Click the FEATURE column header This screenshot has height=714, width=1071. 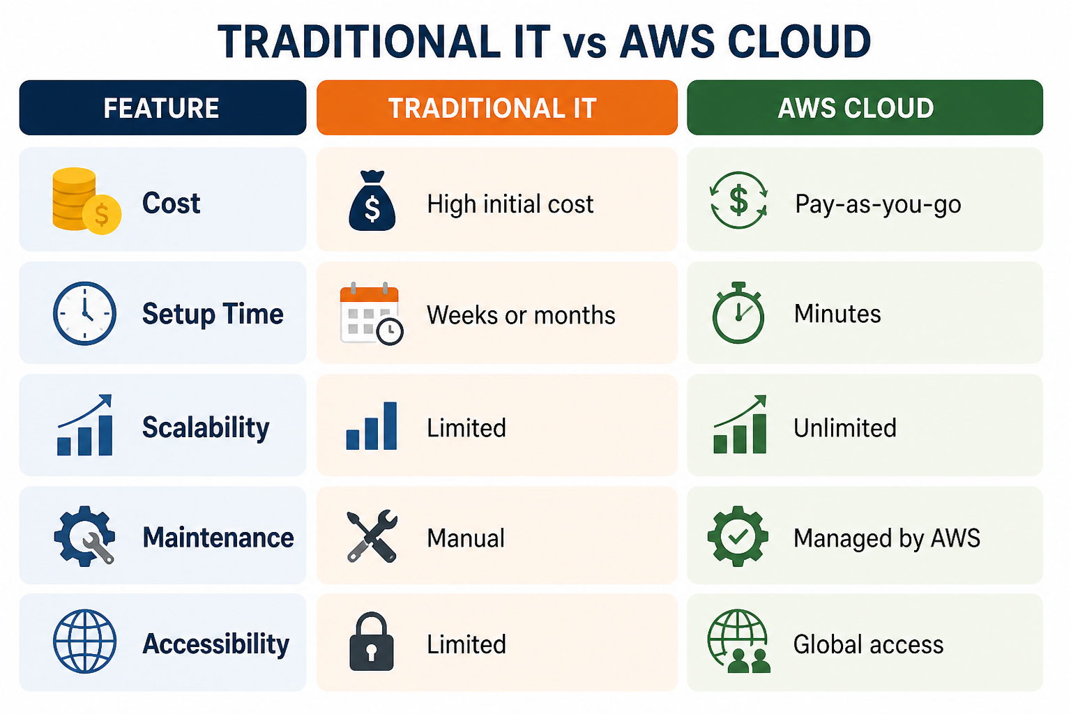pos(162,107)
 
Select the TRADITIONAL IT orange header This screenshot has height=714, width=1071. pos(496,107)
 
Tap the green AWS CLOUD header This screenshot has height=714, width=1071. pos(865,107)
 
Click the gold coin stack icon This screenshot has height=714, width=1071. pos(86,201)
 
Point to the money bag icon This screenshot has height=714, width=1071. pos(372,201)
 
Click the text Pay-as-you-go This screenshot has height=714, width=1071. pos(878,205)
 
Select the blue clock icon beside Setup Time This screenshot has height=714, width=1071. pos(84,313)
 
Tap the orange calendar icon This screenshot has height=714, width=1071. pos(371,314)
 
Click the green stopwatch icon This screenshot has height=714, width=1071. pos(738,313)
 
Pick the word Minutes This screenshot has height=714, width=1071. pos(837,314)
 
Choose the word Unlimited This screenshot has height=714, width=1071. pos(845,427)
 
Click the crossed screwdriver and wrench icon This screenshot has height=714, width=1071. pos(372,535)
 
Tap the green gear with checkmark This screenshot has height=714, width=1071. pos(738,536)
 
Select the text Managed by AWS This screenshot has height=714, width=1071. pos(887,538)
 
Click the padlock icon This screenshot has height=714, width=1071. pos(372,641)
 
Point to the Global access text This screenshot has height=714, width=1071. pos(868,645)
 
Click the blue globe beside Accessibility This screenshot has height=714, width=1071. pos(84,641)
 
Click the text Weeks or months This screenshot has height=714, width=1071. pos(521,315)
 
